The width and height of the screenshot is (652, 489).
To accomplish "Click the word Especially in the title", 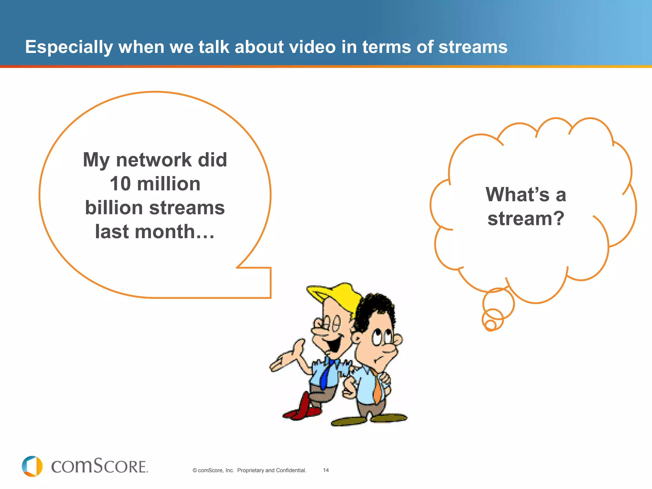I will [x=69, y=47].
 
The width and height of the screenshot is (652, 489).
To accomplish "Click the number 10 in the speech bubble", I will [x=120, y=184].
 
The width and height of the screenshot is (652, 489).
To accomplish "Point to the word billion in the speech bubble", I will [x=114, y=208].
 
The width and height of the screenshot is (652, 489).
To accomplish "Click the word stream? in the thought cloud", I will [x=526, y=219].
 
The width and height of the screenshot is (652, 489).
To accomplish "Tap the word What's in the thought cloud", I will [x=517, y=195].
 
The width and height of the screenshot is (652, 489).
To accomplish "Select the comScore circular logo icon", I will [x=32, y=466].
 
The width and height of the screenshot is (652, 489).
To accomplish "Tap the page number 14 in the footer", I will [x=326, y=470].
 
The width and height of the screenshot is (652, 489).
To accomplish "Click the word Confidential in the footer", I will [x=291, y=470].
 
